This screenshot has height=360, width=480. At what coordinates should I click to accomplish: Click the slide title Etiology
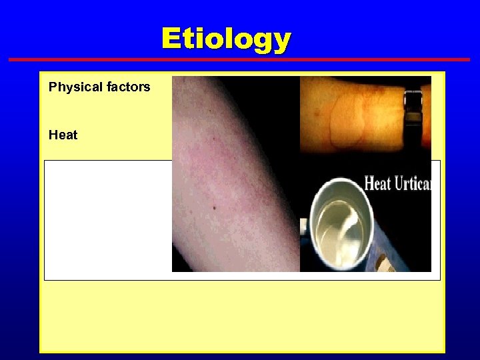[226, 39]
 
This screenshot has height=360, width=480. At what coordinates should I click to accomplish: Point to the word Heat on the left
[63, 135]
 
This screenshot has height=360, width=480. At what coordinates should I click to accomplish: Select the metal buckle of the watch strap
[413, 100]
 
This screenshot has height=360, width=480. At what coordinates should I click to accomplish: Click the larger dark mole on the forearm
[214, 208]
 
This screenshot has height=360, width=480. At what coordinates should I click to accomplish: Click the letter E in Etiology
[171, 39]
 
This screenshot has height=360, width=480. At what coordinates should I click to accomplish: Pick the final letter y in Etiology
[282, 41]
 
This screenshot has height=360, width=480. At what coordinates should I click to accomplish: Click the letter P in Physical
[53, 87]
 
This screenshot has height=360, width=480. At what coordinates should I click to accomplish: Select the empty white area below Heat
[107, 220]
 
